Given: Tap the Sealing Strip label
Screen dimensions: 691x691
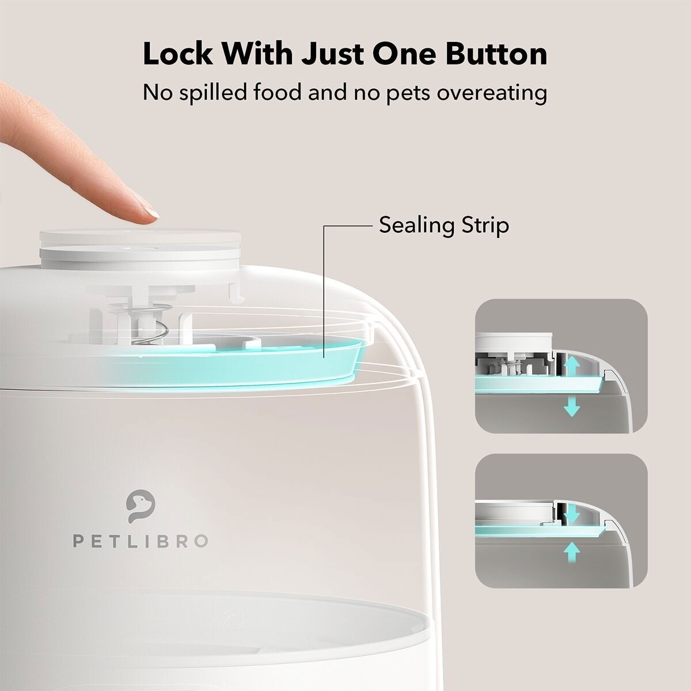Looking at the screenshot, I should (443, 225).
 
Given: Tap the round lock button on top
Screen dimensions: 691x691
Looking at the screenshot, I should (142, 242).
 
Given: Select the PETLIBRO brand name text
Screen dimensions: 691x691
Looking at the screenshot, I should (140, 541).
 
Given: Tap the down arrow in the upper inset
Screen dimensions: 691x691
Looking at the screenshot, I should (571, 407).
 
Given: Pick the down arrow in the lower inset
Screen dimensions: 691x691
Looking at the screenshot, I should (571, 512).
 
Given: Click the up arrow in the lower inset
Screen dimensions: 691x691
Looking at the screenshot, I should (571, 553).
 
